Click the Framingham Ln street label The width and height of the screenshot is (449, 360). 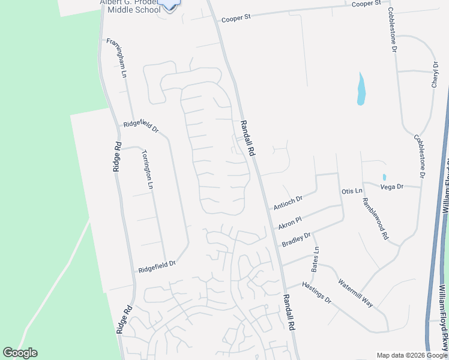click(x=117, y=58)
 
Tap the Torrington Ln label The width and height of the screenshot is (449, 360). click(x=146, y=169)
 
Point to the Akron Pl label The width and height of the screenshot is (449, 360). click(x=290, y=222)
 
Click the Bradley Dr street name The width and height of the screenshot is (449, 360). click(x=296, y=239)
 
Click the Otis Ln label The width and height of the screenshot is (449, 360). click(x=352, y=191)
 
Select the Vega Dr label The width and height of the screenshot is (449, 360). click(x=392, y=187)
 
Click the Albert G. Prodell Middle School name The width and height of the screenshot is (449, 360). click(x=130, y=6)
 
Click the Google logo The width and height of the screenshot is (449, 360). click(x=20, y=353)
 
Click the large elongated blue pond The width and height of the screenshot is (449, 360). click(x=361, y=89)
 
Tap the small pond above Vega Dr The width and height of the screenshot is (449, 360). click(x=384, y=177)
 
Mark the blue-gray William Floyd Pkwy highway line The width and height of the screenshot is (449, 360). click(x=437, y=240)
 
